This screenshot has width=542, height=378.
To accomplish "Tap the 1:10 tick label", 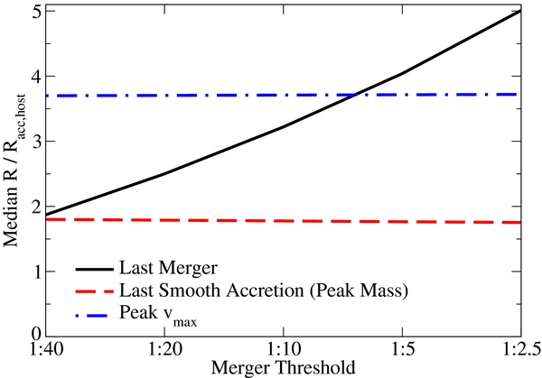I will point(281,347).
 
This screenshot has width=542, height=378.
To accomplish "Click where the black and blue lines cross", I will point(359,94).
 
